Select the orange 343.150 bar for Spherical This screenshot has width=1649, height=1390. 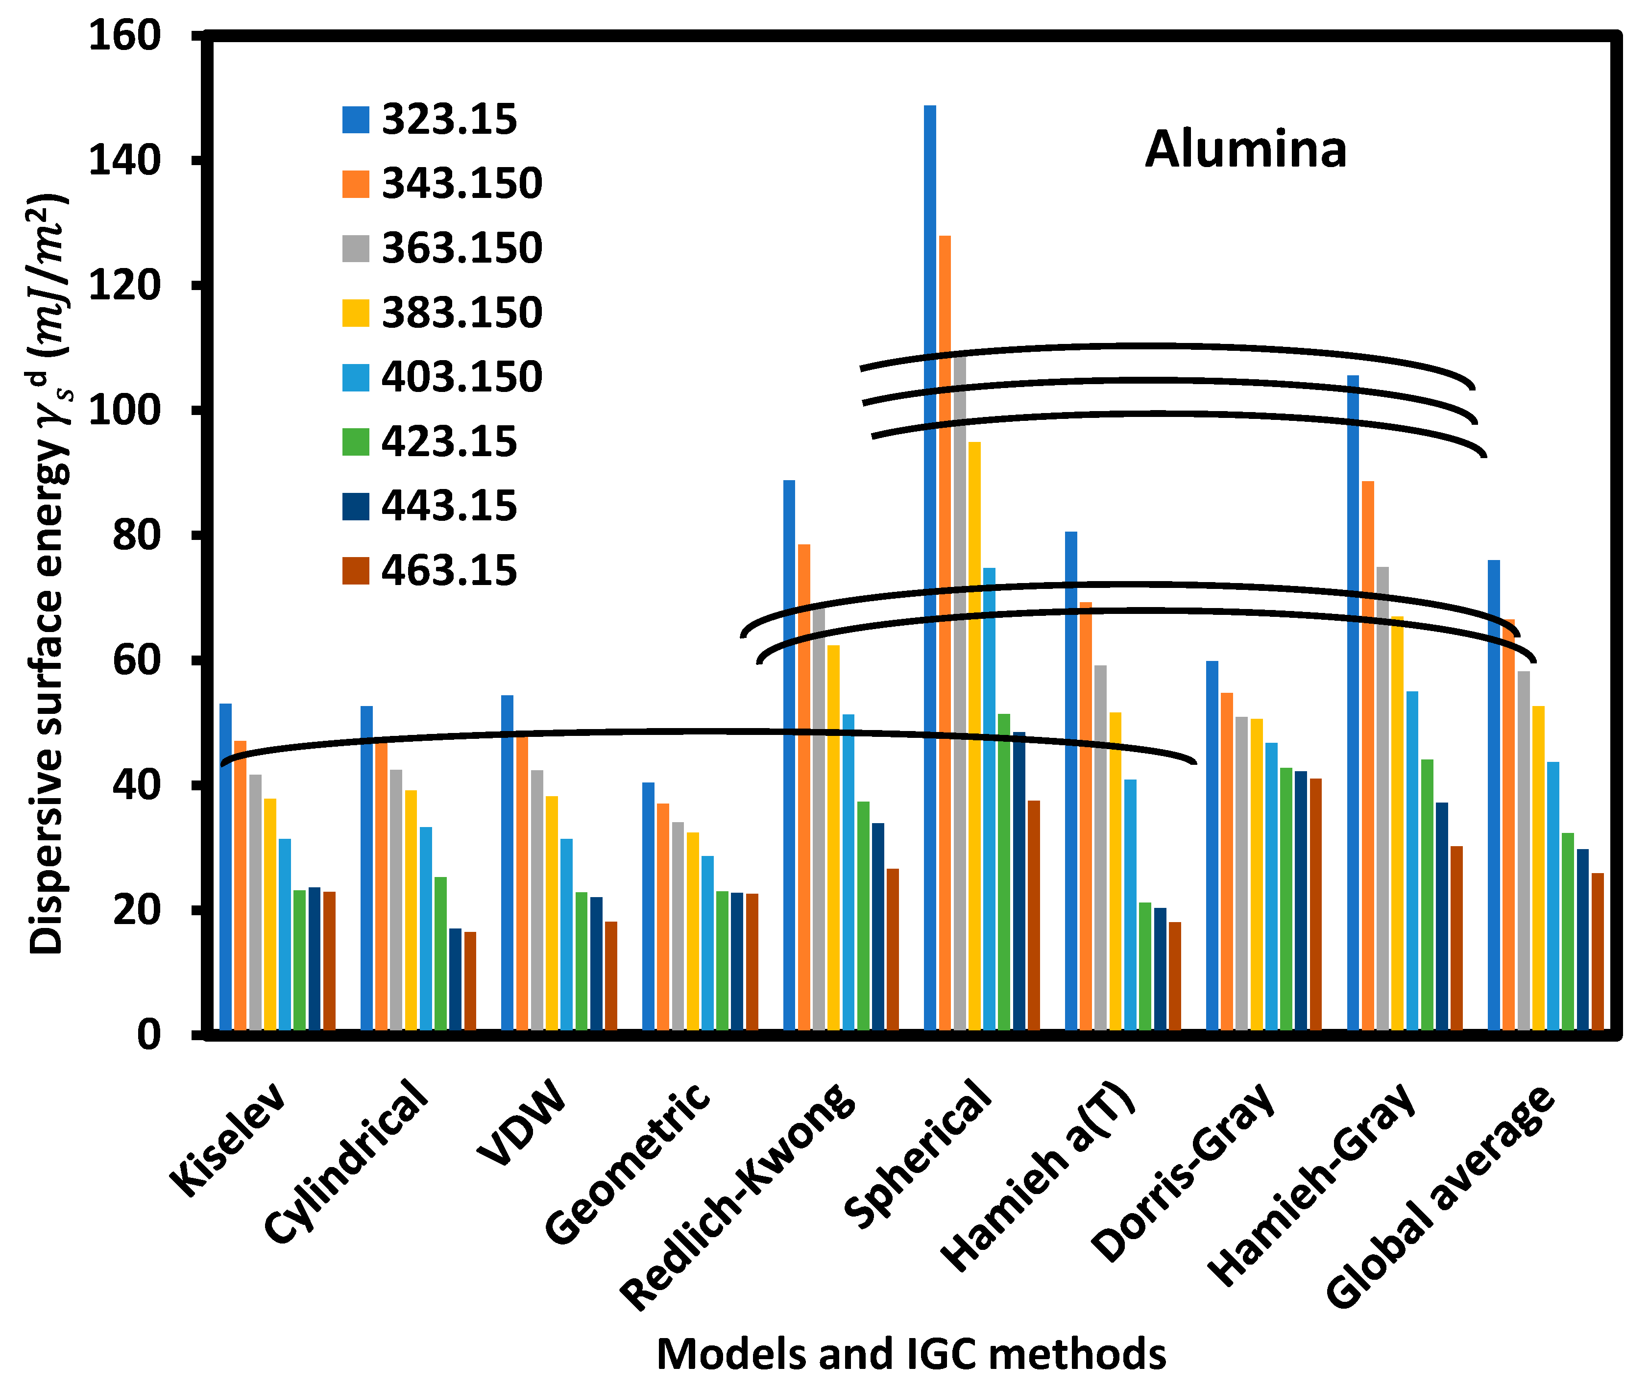tap(945, 631)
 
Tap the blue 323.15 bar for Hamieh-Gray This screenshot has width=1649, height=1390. tap(1353, 701)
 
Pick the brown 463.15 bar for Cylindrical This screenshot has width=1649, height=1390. tap(470, 980)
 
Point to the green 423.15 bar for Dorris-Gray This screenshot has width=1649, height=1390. tap(1286, 898)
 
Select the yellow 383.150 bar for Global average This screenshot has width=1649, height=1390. tap(1538, 867)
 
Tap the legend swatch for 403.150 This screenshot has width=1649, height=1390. tap(355, 377)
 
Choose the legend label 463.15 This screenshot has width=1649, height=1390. tap(449, 570)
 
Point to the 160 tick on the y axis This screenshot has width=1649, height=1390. tap(124, 36)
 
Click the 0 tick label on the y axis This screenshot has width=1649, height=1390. tap(148, 1035)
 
